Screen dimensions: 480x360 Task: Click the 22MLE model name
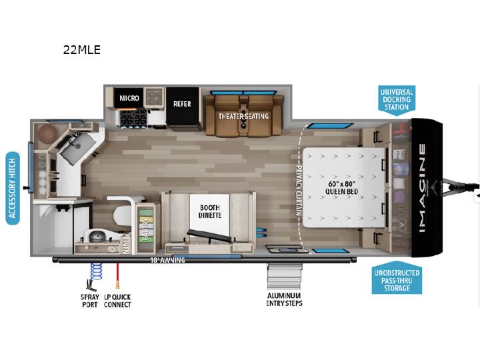click(x=82, y=49)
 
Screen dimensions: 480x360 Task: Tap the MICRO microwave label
click(x=129, y=98)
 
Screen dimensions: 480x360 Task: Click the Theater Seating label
click(x=243, y=116)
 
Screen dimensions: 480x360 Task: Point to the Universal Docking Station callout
click(x=397, y=100)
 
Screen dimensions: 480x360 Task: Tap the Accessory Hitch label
click(x=13, y=188)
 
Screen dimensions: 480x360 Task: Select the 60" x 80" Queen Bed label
click(x=341, y=187)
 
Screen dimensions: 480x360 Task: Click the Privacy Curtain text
click(x=299, y=191)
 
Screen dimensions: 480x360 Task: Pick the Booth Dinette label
click(x=210, y=211)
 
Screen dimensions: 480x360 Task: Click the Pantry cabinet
click(x=146, y=227)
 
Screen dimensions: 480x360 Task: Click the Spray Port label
click(x=90, y=301)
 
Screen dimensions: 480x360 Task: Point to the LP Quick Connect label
click(x=117, y=301)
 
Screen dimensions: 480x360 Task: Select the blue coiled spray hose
click(x=96, y=271)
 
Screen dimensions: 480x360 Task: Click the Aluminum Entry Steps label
click(x=285, y=299)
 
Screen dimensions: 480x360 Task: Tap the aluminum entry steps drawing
click(x=284, y=276)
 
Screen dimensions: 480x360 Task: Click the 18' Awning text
click(x=167, y=260)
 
